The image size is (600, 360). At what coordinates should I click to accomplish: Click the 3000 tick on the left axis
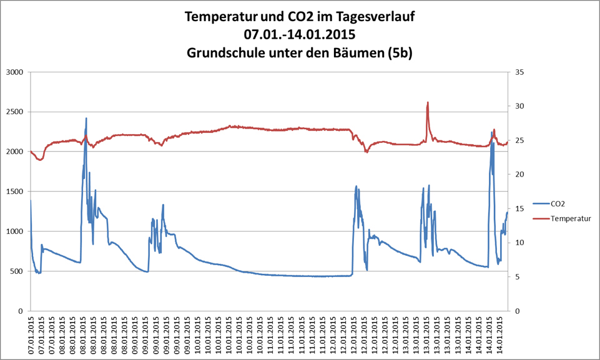point(13,72)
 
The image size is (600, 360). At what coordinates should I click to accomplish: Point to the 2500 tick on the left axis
point(13,112)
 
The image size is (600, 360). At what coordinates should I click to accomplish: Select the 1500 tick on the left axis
point(13,192)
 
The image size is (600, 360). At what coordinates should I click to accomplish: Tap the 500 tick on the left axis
point(16,271)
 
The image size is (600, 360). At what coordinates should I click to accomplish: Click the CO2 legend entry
point(559,203)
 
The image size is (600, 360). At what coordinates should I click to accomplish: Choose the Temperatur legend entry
point(571,219)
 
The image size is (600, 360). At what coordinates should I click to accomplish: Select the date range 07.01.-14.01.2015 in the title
point(300,35)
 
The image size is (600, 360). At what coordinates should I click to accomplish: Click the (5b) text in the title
point(400,54)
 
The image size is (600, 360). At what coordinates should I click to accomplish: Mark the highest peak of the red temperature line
point(428,102)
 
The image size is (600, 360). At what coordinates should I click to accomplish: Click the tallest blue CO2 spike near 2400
point(86,118)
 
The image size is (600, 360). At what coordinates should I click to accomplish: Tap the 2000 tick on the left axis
point(13,152)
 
